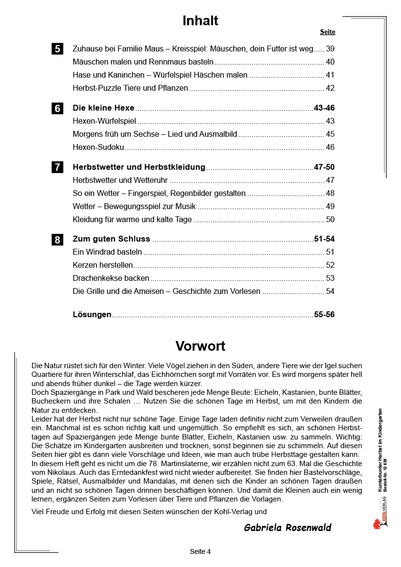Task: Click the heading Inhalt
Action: point(200,21)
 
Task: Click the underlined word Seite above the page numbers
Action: point(327,32)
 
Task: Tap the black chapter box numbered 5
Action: point(57,49)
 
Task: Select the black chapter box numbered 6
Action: point(57,109)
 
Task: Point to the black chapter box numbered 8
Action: point(57,240)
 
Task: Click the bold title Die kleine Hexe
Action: point(103,108)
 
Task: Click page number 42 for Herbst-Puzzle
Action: point(330,88)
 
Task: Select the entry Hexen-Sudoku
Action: point(98,147)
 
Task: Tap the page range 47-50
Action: point(324,167)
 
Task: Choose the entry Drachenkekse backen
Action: point(111,278)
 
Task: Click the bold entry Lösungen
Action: point(92,315)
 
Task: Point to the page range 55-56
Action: point(324,315)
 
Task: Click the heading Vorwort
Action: point(200,346)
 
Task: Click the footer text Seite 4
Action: point(200,551)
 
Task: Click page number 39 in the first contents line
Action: point(330,49)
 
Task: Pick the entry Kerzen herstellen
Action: point(103,265)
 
